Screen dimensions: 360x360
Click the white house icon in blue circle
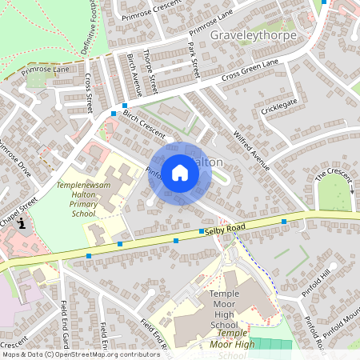[x=180, y=172]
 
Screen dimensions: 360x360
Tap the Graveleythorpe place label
[x=253, y=36]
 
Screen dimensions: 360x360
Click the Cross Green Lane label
[x=251, y=74]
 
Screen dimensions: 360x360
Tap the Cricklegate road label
[x=278, y=105]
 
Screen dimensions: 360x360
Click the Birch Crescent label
[x=143, y=123]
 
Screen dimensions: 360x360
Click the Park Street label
[x=193, y=59]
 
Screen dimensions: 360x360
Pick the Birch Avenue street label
[x=134, y=74]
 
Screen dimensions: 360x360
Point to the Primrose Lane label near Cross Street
[x=46, y=70]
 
